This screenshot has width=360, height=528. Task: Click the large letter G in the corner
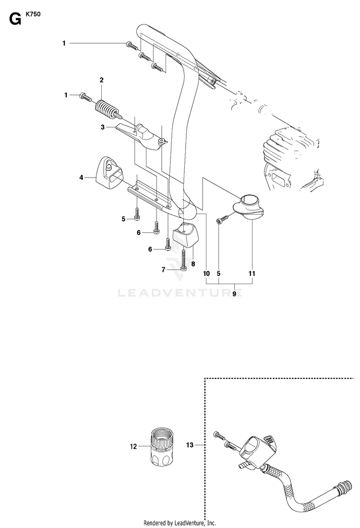click(15, 19)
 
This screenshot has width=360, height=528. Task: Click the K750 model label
click(33, 14)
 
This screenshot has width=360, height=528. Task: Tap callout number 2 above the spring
click(101, 80)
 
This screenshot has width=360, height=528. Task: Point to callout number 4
click(81, 178)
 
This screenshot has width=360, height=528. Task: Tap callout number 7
click(164, 270)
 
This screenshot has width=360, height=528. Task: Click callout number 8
click(193, 264)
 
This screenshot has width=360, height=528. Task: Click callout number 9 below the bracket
click(235, 294)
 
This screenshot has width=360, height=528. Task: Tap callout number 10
click(206, 274)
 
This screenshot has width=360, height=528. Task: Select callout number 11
click(252, 274)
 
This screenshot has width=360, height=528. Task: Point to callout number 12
click(133, 446)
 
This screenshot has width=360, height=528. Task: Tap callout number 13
click(190, 445)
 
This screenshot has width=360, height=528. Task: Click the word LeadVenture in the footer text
click(189, 523)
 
